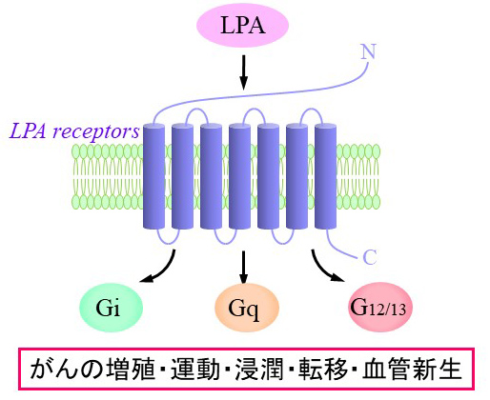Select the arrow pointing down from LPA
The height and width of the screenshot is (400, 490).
point(243,72)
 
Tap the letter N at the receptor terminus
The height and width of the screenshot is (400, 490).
point(368,51)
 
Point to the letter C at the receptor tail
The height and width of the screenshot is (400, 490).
point(370,257)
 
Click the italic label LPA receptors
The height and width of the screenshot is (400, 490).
point(74,131)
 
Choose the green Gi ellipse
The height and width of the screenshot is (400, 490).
point(111,308)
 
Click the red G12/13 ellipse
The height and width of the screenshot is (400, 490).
point(379,308)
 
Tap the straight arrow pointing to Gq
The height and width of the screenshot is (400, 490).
point(243,267)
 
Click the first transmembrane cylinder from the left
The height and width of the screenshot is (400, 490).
point(153,176)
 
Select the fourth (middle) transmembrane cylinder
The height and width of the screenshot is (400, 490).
point(239,176)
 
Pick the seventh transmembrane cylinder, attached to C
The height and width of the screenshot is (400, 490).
point(325,176)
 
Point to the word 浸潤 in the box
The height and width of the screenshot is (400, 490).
point(259,370)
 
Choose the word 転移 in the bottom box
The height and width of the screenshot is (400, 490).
point(323,370)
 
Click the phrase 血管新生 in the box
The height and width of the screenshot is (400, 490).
point(412,370)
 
